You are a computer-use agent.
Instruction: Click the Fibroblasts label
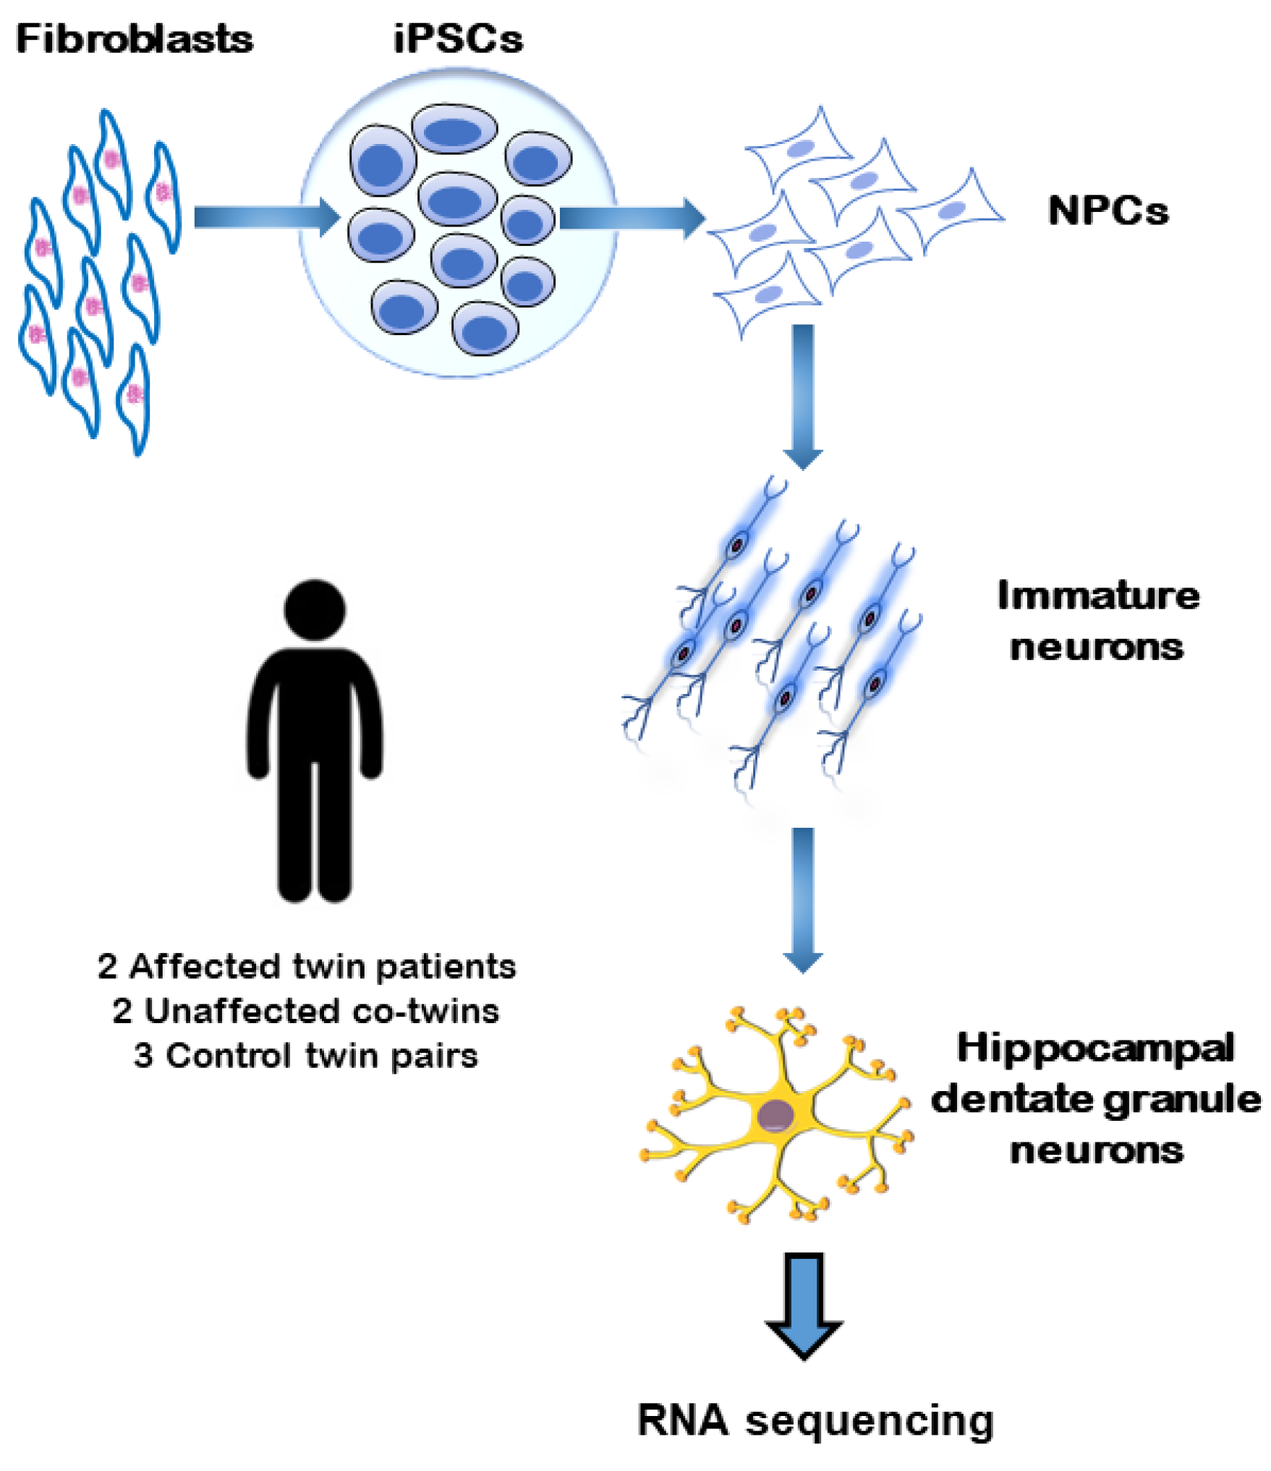coord(135,39)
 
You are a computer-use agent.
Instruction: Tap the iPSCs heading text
coord(457,39)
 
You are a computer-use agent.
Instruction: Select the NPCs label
coord(1108,212)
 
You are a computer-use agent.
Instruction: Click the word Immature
coord(1097,597)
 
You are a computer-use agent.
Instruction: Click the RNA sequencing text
coord(815,1420)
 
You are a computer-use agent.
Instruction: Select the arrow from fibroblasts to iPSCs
coord(266,216)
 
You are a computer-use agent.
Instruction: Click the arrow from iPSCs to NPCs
coord(631,217)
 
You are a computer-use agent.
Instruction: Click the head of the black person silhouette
coord(315,610)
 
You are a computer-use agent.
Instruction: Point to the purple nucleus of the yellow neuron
coord(775,1115)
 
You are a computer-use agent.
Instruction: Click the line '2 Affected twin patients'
coord(307,967)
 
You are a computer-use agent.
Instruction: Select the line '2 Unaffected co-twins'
coord(305,1012)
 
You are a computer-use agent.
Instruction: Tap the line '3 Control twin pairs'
coord(305,1056)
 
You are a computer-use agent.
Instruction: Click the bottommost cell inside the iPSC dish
coord(485,329)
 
